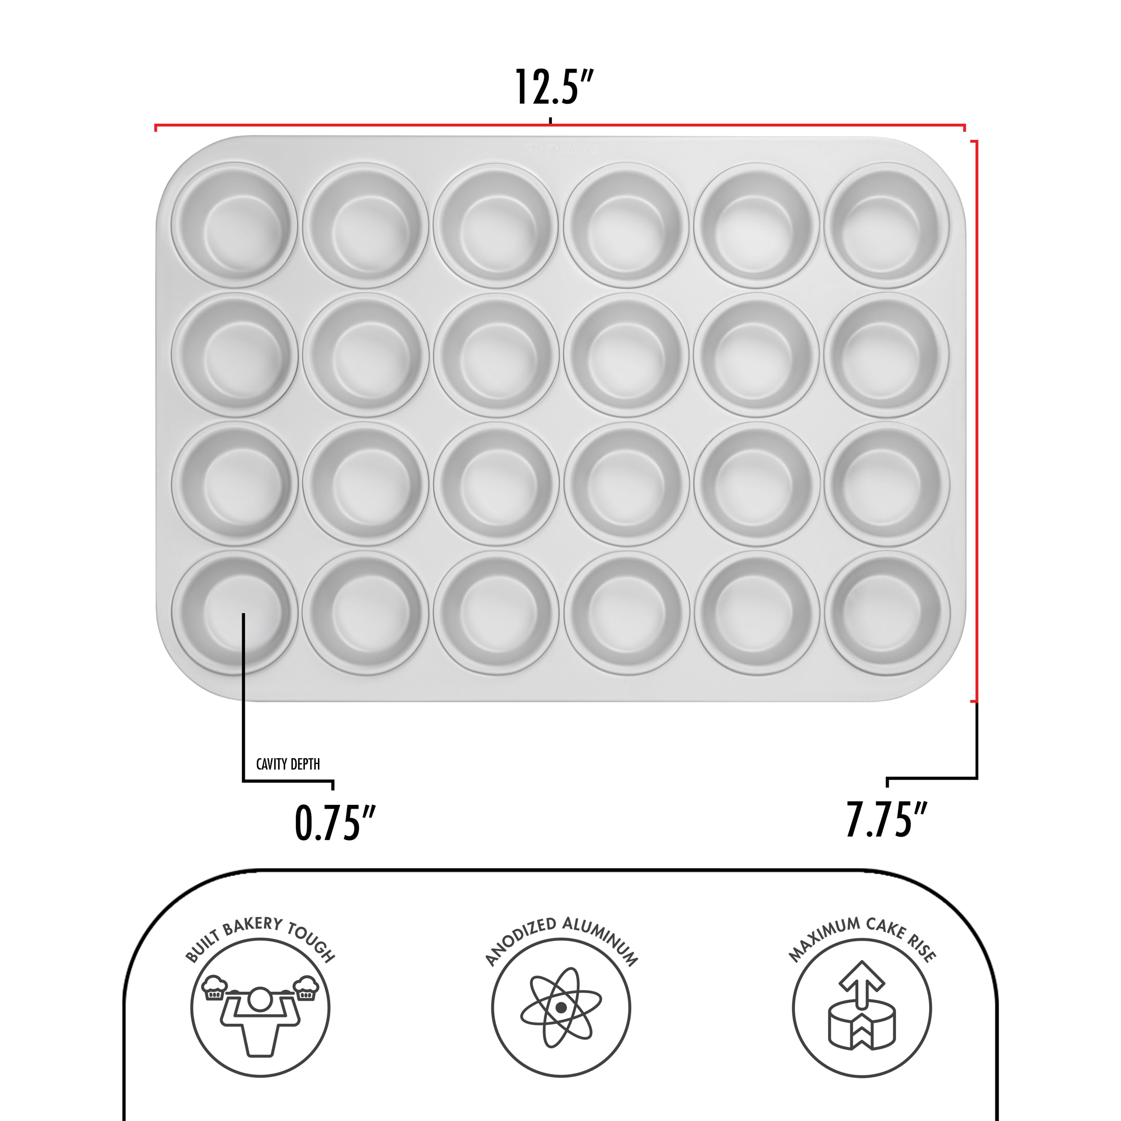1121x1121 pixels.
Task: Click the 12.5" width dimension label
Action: (555, 87)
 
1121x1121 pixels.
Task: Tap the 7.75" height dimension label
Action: (886, 819)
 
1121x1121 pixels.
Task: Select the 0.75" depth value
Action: (335, 823)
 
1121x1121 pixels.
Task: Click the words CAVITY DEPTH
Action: (288, 764)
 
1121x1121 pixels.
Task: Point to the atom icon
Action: (560, 1007)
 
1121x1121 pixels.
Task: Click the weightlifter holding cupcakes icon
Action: (260, 1007)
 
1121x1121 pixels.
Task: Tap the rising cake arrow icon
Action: (862, 1007)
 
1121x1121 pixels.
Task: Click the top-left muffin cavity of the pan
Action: (235, 226)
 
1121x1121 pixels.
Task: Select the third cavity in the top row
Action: (495, 226)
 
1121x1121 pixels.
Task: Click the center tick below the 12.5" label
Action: (550, 121)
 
